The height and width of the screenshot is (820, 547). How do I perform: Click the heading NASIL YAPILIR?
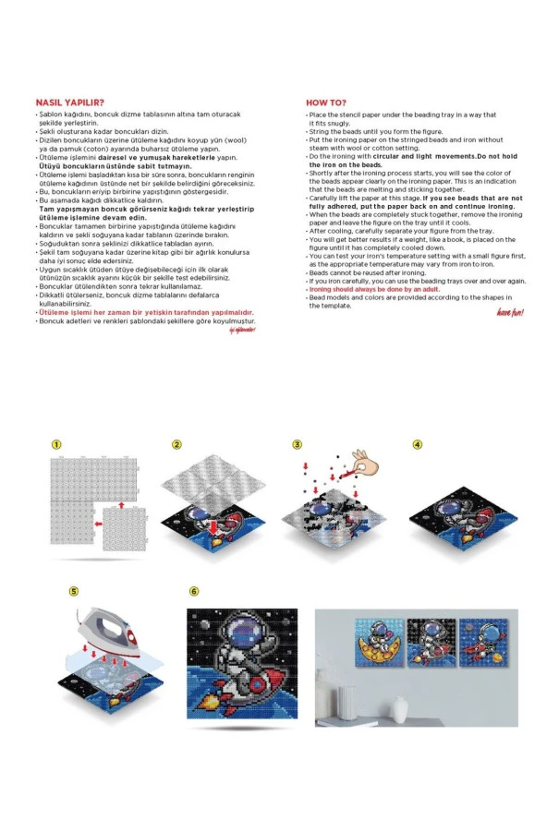(x=69, y=102)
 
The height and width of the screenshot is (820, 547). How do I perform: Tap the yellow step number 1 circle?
(x=56, y=444)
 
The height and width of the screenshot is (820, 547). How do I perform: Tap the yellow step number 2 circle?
(x=176, y=444)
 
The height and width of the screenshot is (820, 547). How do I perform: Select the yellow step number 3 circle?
(x=297, y=444)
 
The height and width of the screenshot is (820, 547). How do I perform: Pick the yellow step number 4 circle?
(x=418, y=444)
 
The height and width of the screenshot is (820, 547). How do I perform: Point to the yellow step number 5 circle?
(x=75, y=590)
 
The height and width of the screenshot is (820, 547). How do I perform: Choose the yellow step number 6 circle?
(x=193, y=590)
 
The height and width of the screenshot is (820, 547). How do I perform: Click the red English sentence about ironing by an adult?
(x=361, y=289)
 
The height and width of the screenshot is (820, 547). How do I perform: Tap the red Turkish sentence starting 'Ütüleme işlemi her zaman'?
(x=144, y=313)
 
